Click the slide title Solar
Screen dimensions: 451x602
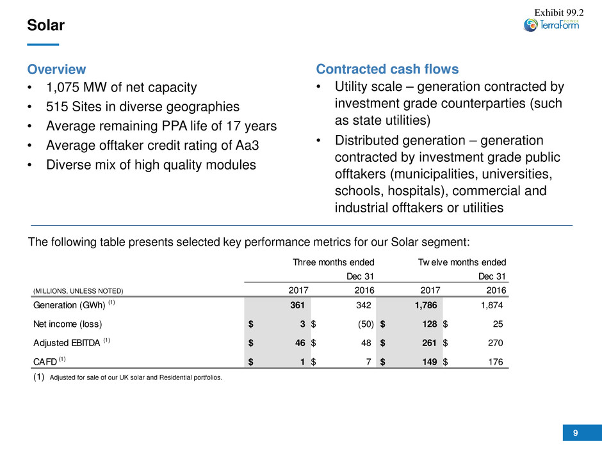(45, 26)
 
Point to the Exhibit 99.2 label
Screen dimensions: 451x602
(560, 9)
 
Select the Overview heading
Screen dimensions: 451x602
(56, 69)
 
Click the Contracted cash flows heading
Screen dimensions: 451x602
(387, 69)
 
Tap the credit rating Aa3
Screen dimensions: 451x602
(241, 145)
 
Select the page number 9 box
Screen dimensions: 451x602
(575, 433)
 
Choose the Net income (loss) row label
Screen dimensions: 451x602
(67, 324)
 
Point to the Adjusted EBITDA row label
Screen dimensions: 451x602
(67, 343)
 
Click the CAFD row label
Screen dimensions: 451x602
(45, 362)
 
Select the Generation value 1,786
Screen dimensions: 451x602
(423, 305)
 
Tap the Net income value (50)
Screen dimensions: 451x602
(362, 324)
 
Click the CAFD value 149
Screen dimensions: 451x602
(428, 362)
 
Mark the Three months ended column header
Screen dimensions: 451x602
(333, 262)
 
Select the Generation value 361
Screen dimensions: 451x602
(295, 305)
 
